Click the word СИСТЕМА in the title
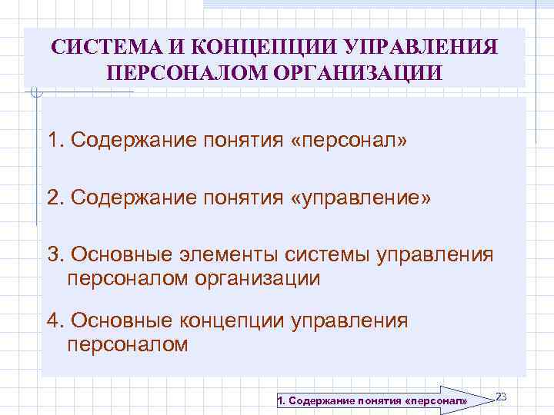tap(98, 48)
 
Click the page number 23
tap(501, 396)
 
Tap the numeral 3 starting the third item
tap(53, 254)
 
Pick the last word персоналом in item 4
tap(128, 344)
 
